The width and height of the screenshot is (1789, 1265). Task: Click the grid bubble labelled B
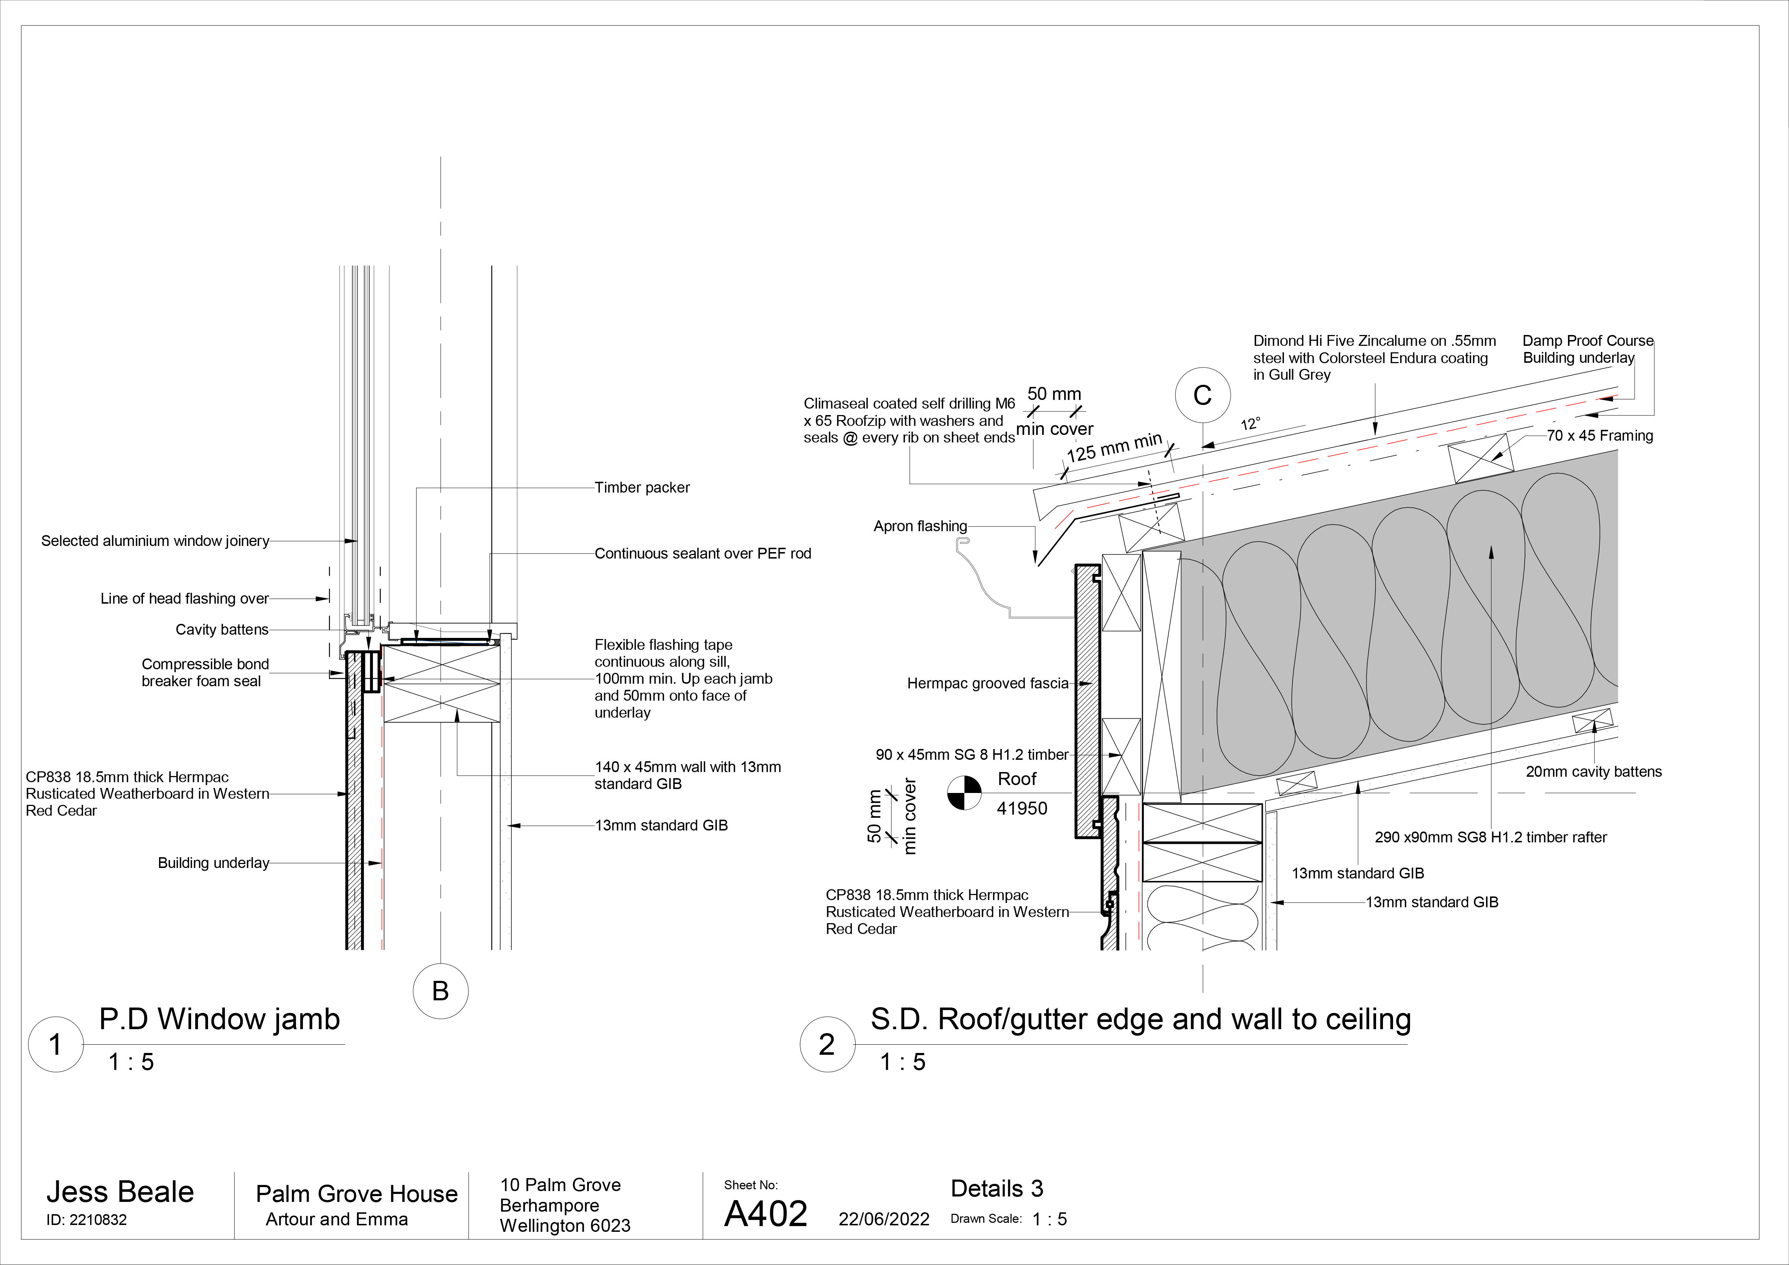pyautogui.click(x=440, y=991)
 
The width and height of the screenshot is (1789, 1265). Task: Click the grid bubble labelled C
pyautogui.click(x=1202, y=395)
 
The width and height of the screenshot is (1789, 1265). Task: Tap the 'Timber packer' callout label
pyautogui.click(x=642, y=488)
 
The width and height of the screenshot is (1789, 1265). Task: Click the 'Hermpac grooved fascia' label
pyautogui.click(x=987, y=683)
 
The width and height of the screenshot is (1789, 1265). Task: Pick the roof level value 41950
pyautogui.click(x=1022, y=808)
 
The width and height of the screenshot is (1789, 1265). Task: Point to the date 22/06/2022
pyautogui.click(x=884, y=1219)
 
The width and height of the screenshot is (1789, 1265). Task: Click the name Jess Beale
pyautogui.click(x=120, y=1192)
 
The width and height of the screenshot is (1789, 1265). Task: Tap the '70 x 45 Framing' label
pyautogui.click(x=1600, y=435)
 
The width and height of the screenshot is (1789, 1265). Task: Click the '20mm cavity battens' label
pyautogui.click(x=1594, y=772)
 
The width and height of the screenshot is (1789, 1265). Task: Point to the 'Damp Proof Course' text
pyautogui.click(x=1587, y=340)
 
